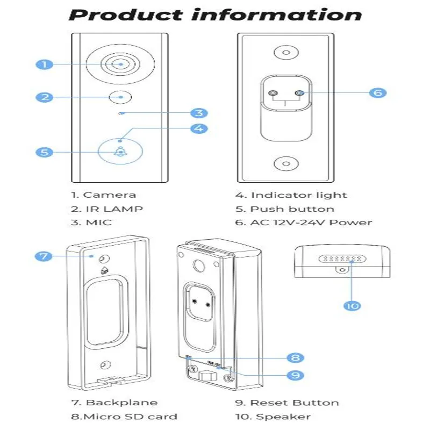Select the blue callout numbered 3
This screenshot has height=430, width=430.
[x=199, y=113]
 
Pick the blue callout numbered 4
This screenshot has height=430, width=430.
[x=199, y=128]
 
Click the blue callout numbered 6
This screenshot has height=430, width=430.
[x=378, y=92]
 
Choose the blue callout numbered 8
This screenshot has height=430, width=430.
[x=295, y=357]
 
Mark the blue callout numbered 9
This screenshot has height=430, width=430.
[x=295, y=375]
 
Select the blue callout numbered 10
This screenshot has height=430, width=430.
[x=352, y=305]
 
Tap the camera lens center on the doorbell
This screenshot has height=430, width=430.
[x=121, y=64]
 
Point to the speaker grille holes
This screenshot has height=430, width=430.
[x=343, y=259]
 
